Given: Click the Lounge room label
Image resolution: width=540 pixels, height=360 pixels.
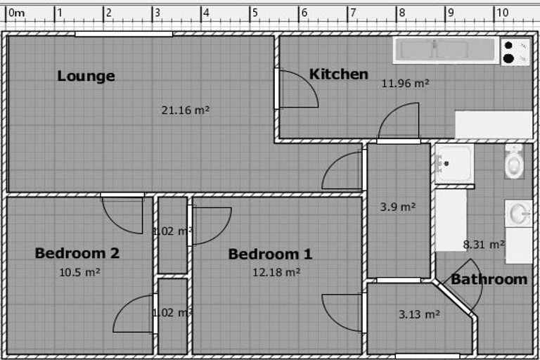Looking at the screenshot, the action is pyautogui.click(x=86, y=76).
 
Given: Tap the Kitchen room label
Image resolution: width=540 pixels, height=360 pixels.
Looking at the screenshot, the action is pyautogui.click(x=339, y=74).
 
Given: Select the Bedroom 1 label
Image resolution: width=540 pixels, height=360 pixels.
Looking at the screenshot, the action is pyautogui.click(x=270, y=255).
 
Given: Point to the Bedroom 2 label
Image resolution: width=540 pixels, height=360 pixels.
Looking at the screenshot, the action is pyautogui.click(x=77, y=253).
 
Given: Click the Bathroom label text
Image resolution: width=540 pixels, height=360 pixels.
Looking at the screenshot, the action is pyautogui.click(x=489, y=279).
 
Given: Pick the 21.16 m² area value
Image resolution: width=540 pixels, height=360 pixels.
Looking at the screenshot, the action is pyautogui.click(x=186, y=110).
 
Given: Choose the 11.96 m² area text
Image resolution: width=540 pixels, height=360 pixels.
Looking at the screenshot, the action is pyautogui.click(x=405, y=84).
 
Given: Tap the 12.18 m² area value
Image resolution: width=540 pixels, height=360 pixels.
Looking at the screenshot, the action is pyautogui.click(x=276, y=273).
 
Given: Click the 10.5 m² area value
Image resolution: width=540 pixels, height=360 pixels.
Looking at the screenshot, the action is pyautogui.click(x=80, y=273).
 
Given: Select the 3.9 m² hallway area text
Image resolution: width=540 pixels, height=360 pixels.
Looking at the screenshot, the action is pyautogui.click(x=398, y=207).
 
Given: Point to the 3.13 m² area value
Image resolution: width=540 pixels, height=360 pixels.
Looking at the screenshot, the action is pyautogui.click(x=419, y=314).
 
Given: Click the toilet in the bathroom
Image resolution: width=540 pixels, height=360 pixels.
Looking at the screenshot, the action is pyautogui.click(x=515, y=162).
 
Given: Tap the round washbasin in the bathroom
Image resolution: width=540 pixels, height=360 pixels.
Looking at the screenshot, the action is pyautogui.click(x=518, y=214).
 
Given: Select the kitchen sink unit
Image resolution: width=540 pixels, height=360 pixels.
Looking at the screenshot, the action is pyautogui.click(x=446, y=51).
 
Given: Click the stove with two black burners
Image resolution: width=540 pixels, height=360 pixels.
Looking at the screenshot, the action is pyautogui.click(x=515, y=52).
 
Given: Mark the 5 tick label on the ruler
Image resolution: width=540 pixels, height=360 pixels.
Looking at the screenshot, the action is pyautogui.click(x=255, y=13).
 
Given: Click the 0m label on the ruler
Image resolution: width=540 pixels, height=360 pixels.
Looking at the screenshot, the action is pyautogui.click(x=17, y=13).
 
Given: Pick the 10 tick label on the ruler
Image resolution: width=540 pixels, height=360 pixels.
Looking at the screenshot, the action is pyautogui.click(x=502, y=13).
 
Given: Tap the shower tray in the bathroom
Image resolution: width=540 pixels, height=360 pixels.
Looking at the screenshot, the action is pyautogui.click(x=455, y=164).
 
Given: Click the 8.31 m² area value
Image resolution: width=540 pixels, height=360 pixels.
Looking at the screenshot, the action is pyautogui.click(x=484, y=245).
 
